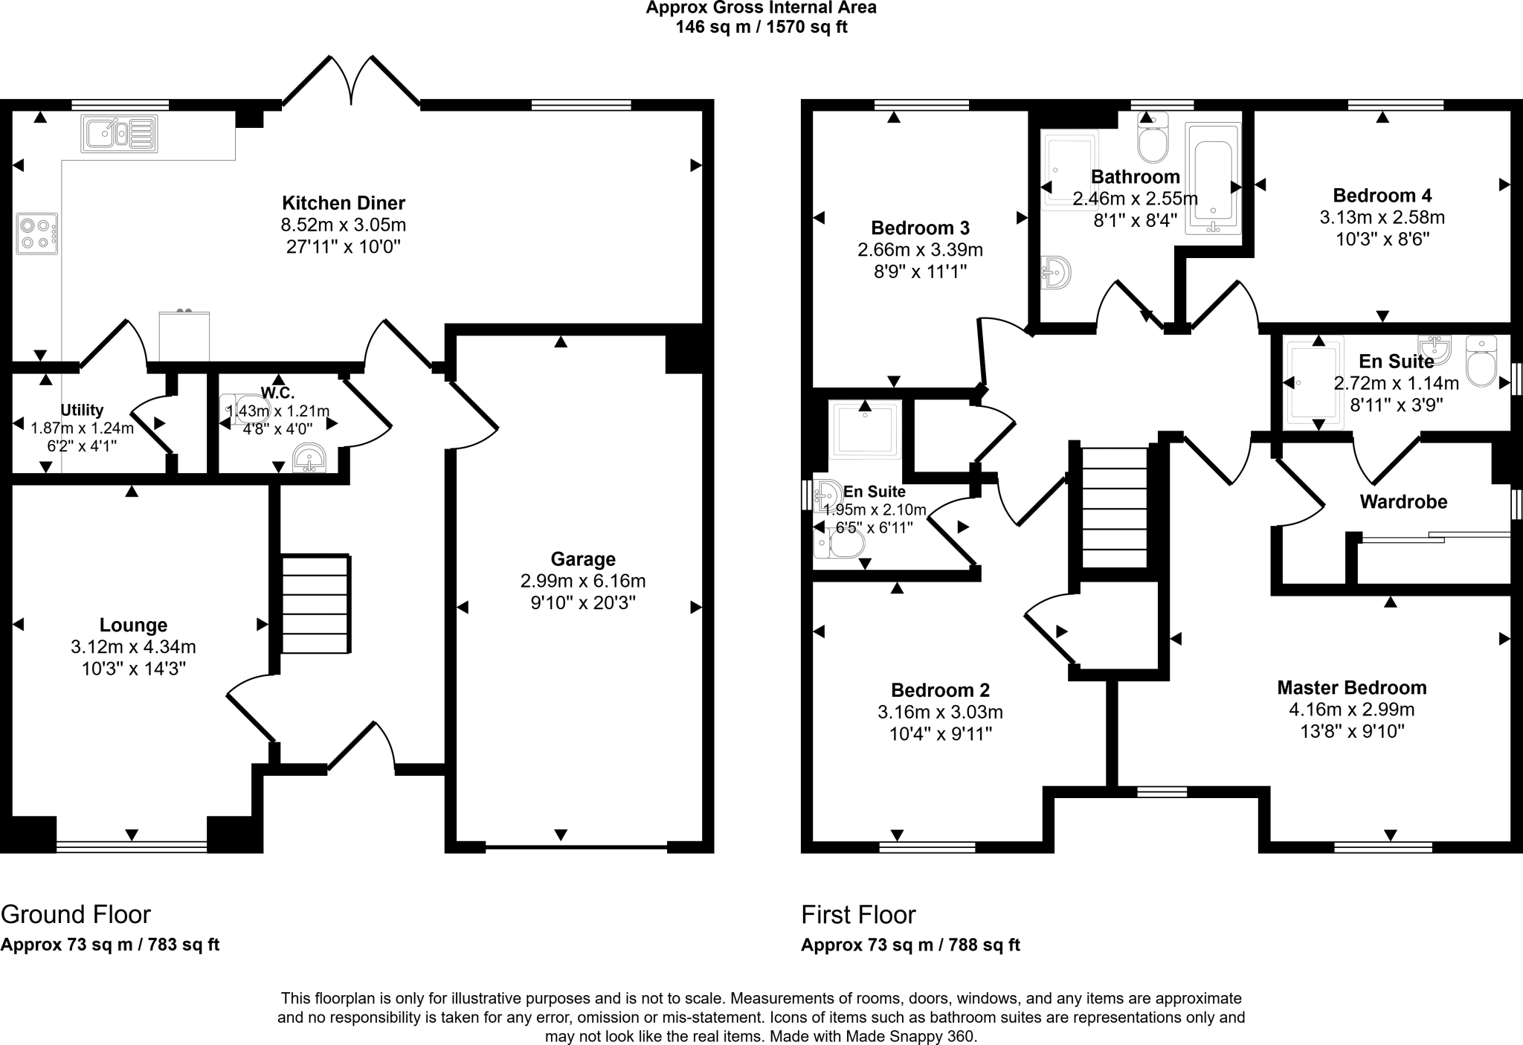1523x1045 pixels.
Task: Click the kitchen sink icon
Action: tap(119, 134)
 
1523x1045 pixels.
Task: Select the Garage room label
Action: tap(582, 559)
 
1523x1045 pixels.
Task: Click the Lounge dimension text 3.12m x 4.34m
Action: tap(134, 647)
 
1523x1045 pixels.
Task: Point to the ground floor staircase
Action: tap(315, 604)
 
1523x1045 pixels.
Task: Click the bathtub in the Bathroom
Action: tap(1213, 179)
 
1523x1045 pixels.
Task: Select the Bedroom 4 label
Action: tap(1382, 196)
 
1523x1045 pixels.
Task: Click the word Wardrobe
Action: tap(1403, 502)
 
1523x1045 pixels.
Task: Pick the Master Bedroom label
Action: tap(1351, 687)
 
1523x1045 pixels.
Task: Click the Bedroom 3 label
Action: tap(920, 228)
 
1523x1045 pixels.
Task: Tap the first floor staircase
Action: tap(1114, 507)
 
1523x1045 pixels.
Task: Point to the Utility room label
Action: tap(82, 410)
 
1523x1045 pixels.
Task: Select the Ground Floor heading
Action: tap(76, 914)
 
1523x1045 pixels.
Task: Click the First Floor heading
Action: tap(858, 914)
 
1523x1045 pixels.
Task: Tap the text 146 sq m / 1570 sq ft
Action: tap(761, 28)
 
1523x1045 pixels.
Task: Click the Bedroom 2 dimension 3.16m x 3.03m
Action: tap(940, 712)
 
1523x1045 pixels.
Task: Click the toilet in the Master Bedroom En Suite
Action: tap(1481, 363)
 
